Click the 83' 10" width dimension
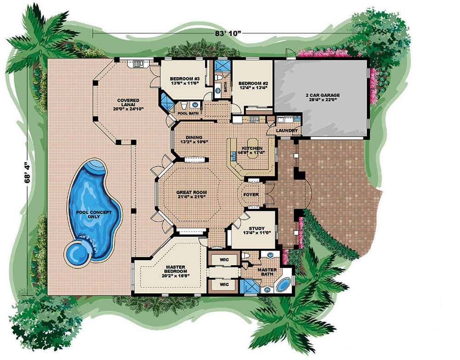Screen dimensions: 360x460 227,33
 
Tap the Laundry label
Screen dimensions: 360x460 287,131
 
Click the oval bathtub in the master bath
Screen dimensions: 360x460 283,285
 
